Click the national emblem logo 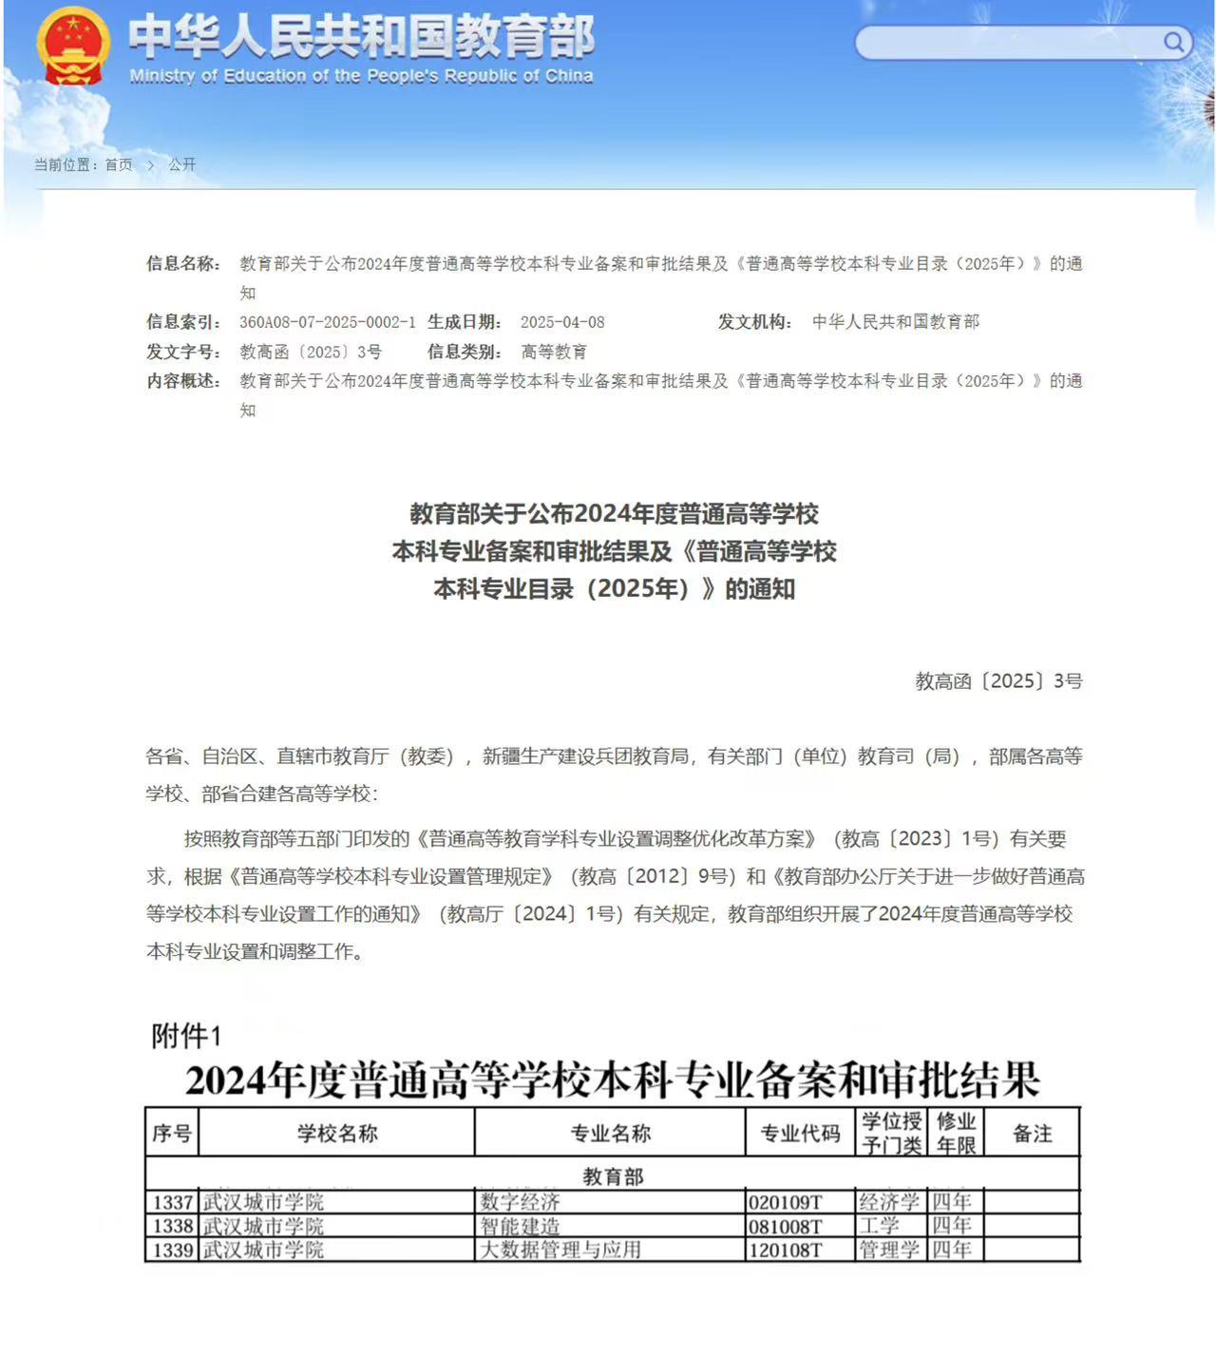tap(72, 46)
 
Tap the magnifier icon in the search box tap(1173, 42)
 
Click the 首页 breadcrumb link tap(119, 164)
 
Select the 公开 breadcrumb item tap(181, 164)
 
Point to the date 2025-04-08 tap(562, 322)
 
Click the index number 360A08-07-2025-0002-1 tap(327, 322)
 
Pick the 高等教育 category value tap(554, 352)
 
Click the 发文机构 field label tap(754, 322)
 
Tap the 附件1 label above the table tap(186, 1036)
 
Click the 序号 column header tap(172, 1133)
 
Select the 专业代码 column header tap(800, 1133)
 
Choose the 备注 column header tap(1032, 1133)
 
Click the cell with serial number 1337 tap(173, 1202)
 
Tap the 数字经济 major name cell tap(520, 1202)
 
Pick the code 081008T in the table tap(786, 1227)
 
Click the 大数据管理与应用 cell tap(560, 1250)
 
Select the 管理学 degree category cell tap(889, 1250)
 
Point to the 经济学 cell tap(889, 1202)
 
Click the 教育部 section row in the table tap(613, 1176)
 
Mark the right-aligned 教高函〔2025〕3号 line tap(998, 680)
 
